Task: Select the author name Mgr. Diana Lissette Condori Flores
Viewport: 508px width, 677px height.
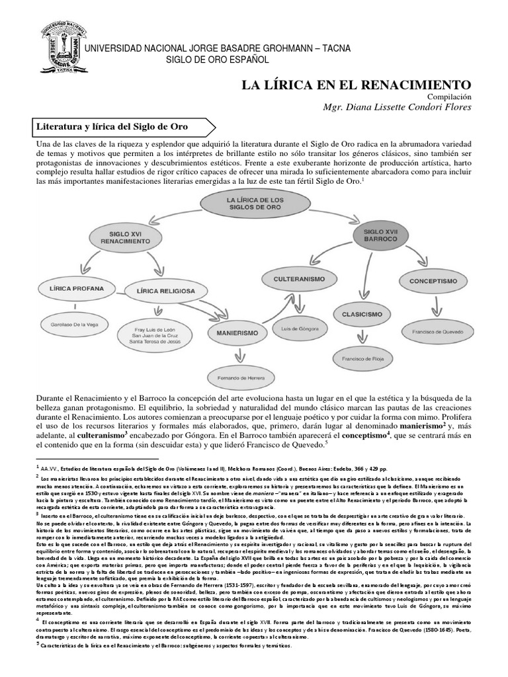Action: [x=397, y=108]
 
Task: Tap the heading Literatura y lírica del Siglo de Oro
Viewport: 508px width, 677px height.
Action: [x=112, y=126]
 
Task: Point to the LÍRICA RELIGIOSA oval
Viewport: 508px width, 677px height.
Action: [x=166, y=290]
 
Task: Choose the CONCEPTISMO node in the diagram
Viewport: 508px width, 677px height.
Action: [x=433, y=280]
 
